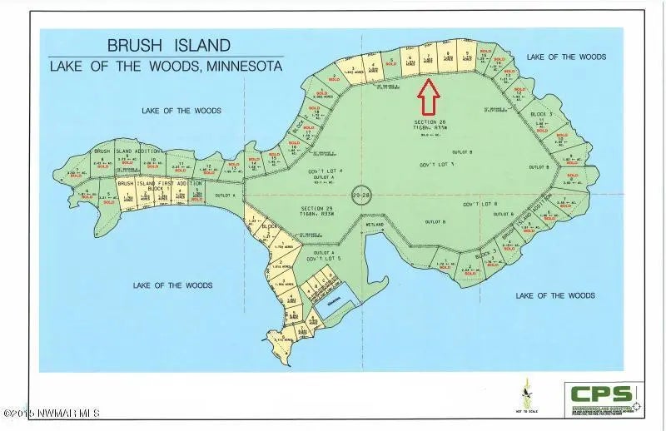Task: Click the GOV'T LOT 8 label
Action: pos(480,204)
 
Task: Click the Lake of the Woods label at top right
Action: pos(566,57)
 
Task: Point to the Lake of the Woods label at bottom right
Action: pos(555,295)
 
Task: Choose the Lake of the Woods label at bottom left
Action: pos(172,285)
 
